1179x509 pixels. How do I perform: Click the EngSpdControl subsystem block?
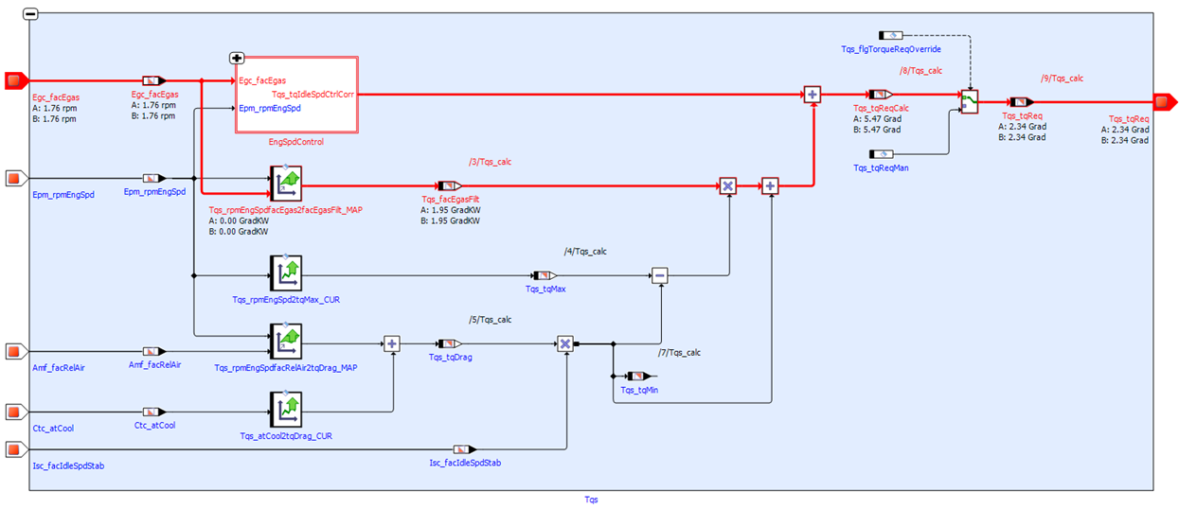(x=296, y=95)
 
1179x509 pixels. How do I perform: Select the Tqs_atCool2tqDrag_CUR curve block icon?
(x=285, y=412)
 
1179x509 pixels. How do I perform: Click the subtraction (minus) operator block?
(x=660, y=275)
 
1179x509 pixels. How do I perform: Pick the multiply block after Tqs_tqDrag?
(x=565, y=343)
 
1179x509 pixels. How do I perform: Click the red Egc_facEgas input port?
(x=14, y=80)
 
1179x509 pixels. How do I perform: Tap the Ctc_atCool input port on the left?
(x=14, y=412)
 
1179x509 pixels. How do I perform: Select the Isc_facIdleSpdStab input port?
(x=14, y=449)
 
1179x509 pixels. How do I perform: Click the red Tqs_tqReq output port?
(x=1164, y=101)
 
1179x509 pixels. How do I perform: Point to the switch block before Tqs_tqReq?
(x=969, y=101)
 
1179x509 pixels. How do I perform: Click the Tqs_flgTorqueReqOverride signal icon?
(x=891, y=34)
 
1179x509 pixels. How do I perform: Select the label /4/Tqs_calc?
(x=584, y=252)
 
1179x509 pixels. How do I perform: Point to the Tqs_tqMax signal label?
(x=545, y=289)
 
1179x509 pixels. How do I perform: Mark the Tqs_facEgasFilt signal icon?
(x=448, y=186)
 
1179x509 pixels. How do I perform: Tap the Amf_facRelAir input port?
(x=14, y=352)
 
